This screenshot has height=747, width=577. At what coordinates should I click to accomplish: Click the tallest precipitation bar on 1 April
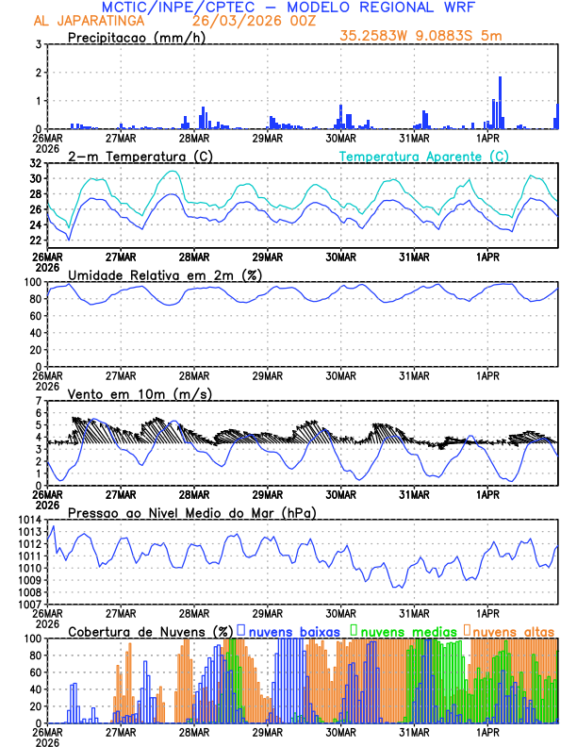tap(500, 103)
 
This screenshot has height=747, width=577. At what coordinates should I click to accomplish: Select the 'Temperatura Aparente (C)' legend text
tap(424, 157)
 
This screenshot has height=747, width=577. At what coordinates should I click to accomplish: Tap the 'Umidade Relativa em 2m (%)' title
tap(165, 274)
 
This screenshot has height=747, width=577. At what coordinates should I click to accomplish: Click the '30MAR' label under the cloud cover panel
tap(341, 731)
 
